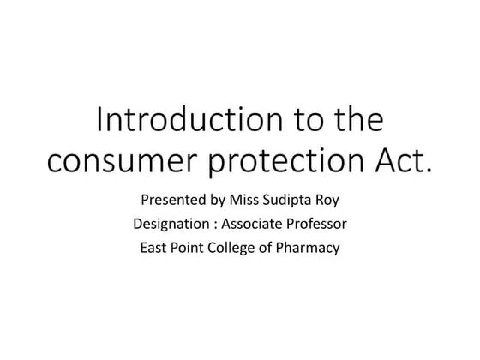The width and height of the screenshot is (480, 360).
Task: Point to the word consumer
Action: coord(119,161)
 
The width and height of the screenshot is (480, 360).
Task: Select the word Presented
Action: coord(171,202)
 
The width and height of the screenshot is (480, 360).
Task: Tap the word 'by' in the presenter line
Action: coord(217,203)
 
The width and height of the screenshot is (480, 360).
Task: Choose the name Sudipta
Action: coord(291,203)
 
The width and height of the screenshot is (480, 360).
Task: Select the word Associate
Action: coord(254,226)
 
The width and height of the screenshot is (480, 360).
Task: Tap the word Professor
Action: coord(317,226)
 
